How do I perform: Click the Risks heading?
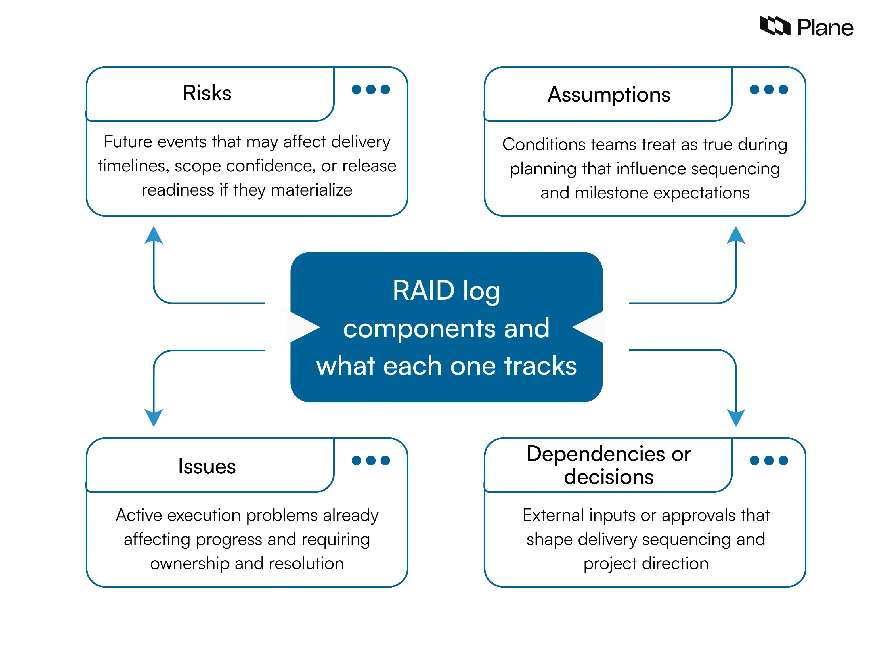click(x=207, y=93)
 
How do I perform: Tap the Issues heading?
click(x=207, y=466)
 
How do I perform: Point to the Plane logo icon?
click(x=775, y=26)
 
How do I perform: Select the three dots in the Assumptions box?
click(x=768, y=89)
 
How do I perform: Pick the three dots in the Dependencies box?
click(x=768, y=460)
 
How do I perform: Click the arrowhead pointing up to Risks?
click(x=154, y=235)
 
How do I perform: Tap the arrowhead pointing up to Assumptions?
click(x=735, y=235)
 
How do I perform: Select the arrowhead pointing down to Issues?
click(x=154, y=417)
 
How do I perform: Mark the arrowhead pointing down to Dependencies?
click(x=735, y=417)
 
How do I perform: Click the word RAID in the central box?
click(x=424, y=291)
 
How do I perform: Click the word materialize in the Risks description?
click(x=311, y=190)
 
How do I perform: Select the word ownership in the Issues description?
click(x=190, y=563)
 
